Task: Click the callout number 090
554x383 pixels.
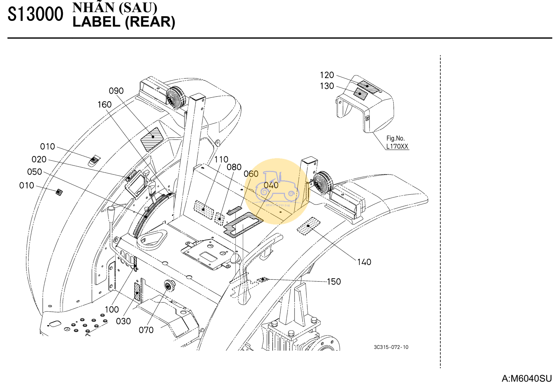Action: coord(116,91)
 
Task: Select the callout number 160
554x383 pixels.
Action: coord(105,105)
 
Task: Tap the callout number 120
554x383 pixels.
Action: coord(327,75)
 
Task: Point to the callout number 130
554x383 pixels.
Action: coord(327,86)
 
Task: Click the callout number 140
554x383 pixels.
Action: coord(364,262)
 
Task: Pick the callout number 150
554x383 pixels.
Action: coord(334,282)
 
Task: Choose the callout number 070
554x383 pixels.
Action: coord(146,330)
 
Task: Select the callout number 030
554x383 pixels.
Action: coord(123,321)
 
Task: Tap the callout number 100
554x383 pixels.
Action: coord(112,310)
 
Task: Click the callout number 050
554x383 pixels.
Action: coord(35,172)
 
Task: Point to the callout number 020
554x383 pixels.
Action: coord(39,159)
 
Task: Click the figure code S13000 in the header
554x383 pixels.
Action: coord(35,14)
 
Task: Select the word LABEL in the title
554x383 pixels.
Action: coord(96,22)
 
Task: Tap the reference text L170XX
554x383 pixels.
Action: coord(397,147)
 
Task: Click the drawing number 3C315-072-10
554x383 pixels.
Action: coord(391,347)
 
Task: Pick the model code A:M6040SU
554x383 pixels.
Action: coord(527,378)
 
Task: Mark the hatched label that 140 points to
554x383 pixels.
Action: coord(308,226)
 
